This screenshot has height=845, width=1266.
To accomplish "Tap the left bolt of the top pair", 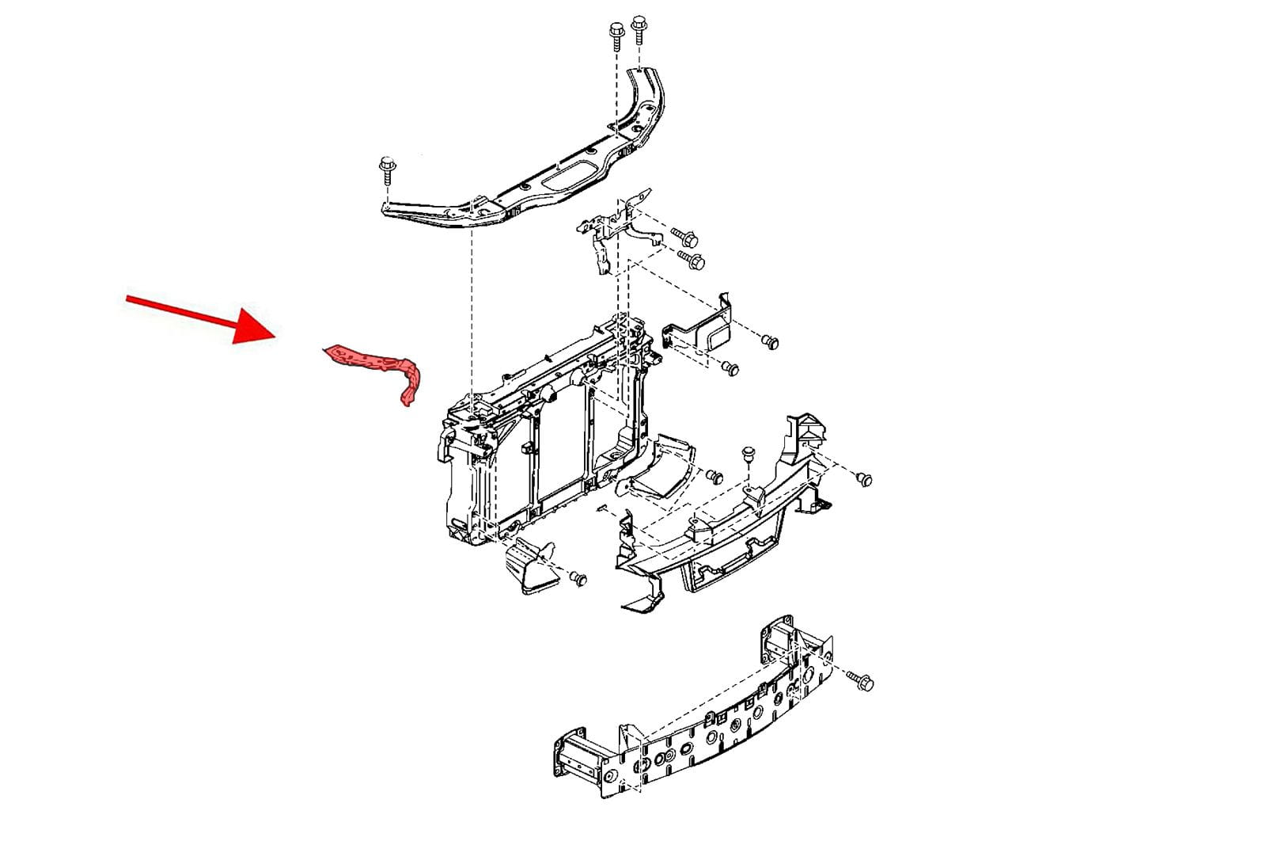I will point(616,36).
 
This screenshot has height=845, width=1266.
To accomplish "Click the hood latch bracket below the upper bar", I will point(613,230).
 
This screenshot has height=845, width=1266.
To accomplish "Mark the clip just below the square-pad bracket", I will point(730,368).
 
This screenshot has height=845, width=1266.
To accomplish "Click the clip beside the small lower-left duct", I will point(578,578).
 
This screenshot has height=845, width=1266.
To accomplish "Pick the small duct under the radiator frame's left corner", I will point(530,564).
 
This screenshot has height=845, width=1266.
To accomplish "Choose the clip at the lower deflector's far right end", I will point(864,478).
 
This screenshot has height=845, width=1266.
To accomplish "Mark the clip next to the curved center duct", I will point(714,476).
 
